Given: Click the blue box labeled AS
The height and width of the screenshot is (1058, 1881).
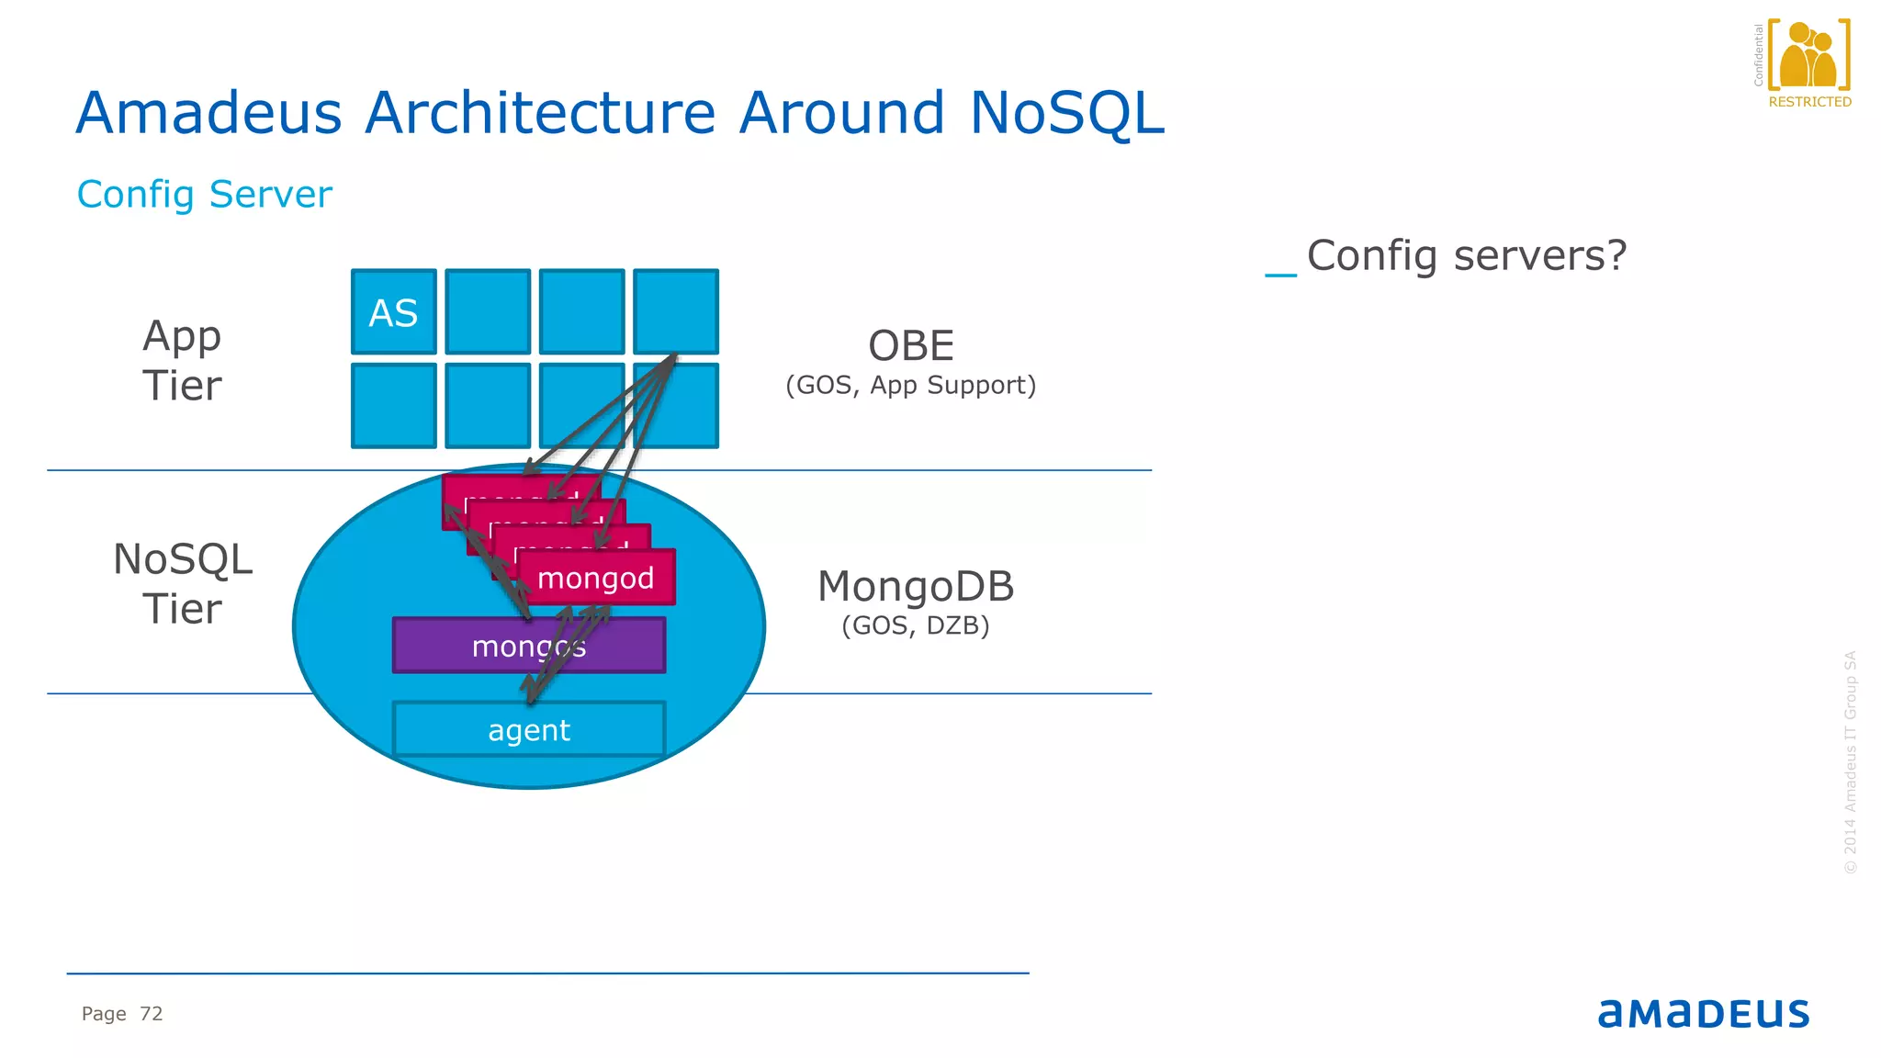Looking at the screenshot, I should click(393, 312).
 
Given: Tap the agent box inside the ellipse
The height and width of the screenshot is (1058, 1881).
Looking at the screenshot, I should click(528, 730).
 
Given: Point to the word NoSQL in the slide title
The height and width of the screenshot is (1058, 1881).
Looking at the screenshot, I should click(1066, 113).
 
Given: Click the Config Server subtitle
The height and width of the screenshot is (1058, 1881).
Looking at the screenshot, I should click(204, 195).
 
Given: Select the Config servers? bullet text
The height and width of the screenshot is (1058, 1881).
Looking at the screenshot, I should click(1466, 255).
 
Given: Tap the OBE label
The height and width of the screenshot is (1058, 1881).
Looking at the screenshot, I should click(911, 346).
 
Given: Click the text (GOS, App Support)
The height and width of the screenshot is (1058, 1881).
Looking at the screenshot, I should click(910, 385).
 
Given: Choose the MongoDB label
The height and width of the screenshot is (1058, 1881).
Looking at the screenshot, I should click(916, 587).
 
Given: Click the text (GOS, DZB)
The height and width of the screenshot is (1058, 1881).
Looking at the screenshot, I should click(916, 625).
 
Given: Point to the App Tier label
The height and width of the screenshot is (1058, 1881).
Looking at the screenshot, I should click(182, 360).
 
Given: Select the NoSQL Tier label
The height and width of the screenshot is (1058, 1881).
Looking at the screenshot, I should click(182, 584).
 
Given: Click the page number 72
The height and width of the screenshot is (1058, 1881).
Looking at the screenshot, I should click(151, 1014).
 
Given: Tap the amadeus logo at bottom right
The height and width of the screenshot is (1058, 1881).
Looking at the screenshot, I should click(1703, 1014).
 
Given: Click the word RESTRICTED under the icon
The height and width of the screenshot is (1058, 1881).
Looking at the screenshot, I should click(1809, 102).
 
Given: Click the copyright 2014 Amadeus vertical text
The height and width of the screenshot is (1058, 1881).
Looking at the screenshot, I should click(1850, 762).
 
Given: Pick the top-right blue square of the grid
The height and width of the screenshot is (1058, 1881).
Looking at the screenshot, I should click(676, 310).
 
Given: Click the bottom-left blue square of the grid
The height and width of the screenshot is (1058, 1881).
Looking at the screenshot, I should click(393, 406).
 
